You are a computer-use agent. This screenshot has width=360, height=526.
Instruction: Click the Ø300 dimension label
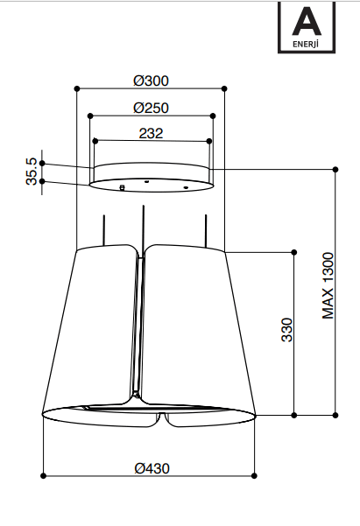point(151,81)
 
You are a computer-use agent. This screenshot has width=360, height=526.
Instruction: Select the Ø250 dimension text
point(151,108)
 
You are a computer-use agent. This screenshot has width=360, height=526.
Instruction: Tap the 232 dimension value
point(151,133)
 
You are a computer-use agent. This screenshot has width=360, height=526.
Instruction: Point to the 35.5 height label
point(32,172)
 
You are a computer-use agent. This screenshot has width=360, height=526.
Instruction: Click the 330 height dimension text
point(287,330)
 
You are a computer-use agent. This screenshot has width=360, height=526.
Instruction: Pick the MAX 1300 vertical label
point(328,285)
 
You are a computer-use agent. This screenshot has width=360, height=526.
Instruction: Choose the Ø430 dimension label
point(152,468)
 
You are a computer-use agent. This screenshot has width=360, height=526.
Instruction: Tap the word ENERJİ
point(306,44)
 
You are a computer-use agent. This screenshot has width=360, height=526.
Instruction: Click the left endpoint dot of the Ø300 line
point(77,88)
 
